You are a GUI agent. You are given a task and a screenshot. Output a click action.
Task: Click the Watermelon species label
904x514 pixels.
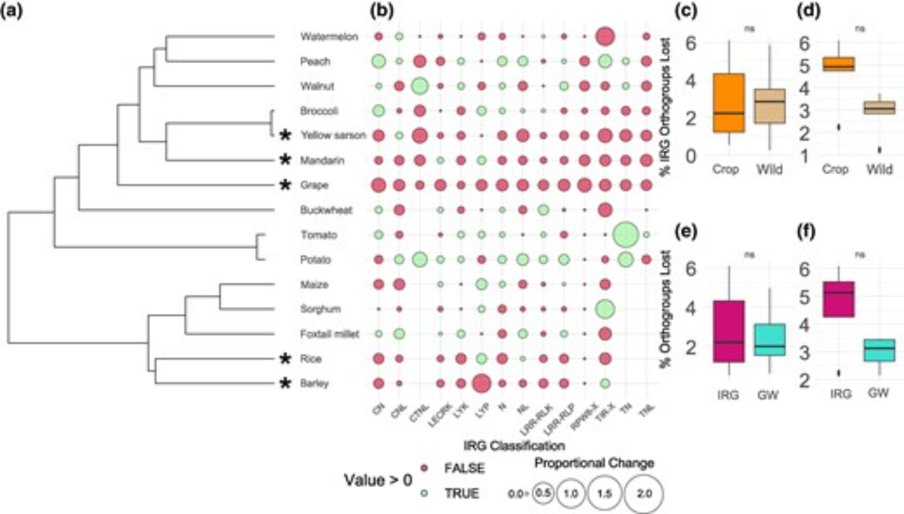point(329,37)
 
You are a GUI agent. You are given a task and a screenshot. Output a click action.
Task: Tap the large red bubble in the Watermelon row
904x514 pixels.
point(605,37)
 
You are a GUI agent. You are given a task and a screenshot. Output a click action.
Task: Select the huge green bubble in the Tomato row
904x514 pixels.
point(626,234)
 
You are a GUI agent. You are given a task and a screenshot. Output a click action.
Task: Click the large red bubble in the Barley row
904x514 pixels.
point(481,383)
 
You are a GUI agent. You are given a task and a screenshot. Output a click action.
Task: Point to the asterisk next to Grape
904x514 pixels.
point(285,185)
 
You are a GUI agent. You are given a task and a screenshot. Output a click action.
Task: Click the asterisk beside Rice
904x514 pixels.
point(285,359)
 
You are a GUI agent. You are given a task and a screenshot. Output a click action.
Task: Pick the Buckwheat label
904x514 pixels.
point(326,210)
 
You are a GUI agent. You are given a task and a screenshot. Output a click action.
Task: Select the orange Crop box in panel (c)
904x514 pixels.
point(729,103)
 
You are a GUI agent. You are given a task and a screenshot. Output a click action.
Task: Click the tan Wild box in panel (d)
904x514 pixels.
point(879,107)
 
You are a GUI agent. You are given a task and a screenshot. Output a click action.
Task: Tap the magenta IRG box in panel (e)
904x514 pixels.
point(729,331)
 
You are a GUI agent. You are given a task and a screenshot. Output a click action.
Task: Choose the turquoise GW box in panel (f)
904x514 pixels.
point(879,350)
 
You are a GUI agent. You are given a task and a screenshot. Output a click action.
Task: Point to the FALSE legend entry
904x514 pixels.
point(464,468)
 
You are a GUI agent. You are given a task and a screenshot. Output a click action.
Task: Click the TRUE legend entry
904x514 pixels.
point(461,493)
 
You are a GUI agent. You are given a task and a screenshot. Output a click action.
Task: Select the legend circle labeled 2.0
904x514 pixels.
point(644,494)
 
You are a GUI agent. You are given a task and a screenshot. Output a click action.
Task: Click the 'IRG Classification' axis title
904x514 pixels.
point(514,446)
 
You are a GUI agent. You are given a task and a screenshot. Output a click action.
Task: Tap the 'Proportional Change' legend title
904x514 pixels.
point(594,463)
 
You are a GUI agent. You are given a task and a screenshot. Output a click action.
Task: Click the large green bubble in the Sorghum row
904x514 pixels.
point(605,309)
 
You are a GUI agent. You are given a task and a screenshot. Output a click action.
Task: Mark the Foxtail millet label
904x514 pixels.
point(330,334)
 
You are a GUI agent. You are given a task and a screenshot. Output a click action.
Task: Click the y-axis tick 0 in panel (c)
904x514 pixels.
point(691,156)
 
